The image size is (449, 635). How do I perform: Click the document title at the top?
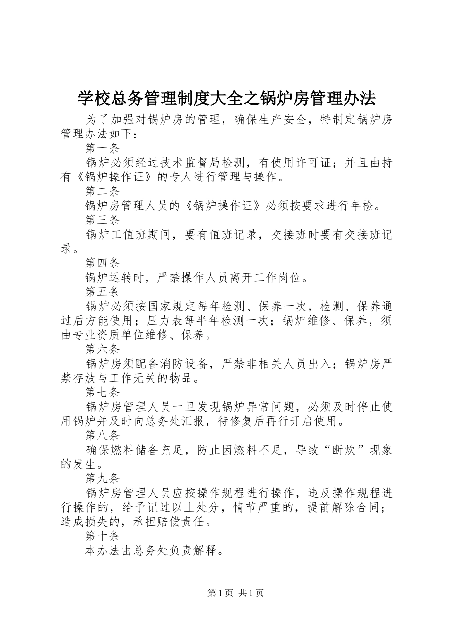(x=226, y=98)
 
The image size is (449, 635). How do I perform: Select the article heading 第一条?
(x=103, y=148)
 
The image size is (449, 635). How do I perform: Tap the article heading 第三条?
(x=103, y=220)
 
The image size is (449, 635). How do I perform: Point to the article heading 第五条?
(x=103, y=292)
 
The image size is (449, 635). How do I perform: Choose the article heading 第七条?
(x=103, y=392)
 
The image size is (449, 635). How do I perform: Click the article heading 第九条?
(x=103, y=478)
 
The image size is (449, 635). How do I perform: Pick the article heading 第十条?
(x=103, y=536)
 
